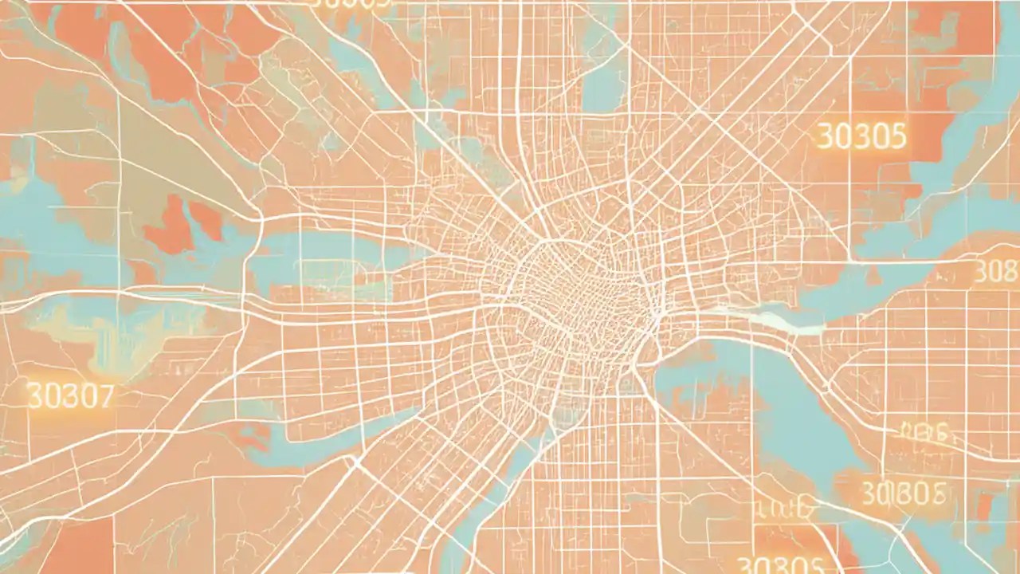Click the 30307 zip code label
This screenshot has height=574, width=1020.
tap(70, 396)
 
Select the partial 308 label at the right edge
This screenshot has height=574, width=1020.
tap(997, 272)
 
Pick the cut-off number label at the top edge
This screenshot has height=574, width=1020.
tap(351, 4)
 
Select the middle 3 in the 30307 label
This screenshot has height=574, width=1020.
tap(70, 396)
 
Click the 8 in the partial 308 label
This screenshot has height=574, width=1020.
tap(1010, 272)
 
